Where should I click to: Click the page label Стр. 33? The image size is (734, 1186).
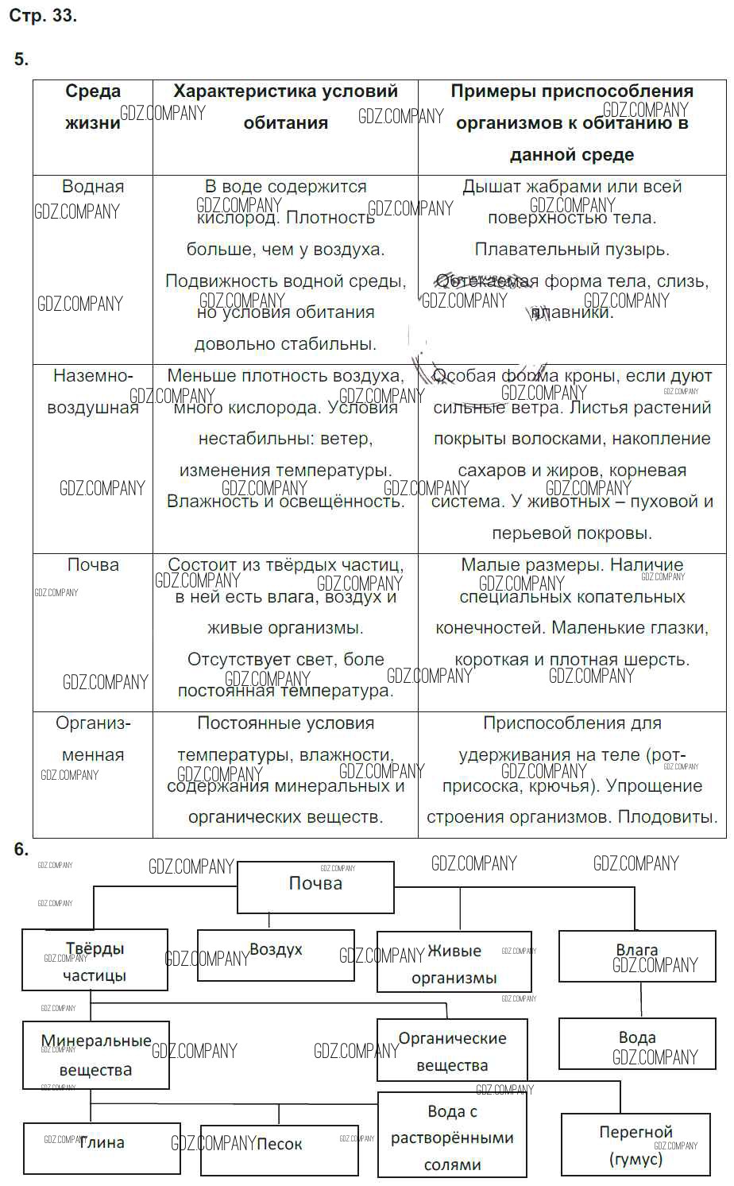pyautogui.click(x=43, y=16)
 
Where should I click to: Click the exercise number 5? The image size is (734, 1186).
pyautogui.click(x=21, y=60)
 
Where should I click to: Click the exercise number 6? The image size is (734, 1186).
pyautogui.click(x=21, y=849)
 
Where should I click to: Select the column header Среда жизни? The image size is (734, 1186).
pyautogui.click(x=93, y=107)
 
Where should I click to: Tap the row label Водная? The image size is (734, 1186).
pyautogui.click(x=93, y=187)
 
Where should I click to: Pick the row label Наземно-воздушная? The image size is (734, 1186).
pyautogui.click(x=93, y=392)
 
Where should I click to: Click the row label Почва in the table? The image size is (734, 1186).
pyautogui.click(x=93, y=565)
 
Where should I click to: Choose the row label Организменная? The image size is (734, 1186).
pyautogui.click(x=93, y=739)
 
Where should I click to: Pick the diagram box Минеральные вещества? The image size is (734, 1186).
pyautogui.click(x=95, y=1055)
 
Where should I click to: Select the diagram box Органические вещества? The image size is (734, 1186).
pyautogui.click(x=452, y=1052)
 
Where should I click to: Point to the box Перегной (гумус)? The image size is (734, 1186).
pyautogui.click(x=635, y=1145)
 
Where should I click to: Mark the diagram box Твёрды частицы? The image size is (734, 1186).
pyautogui.click(x=95, y=961)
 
